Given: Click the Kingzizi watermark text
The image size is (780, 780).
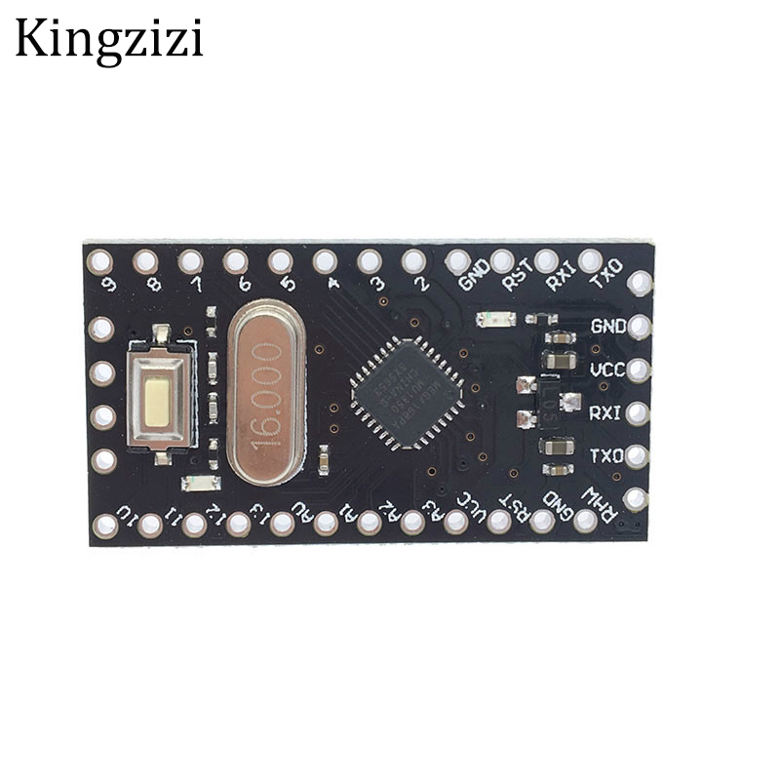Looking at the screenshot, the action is pyautogui.click(x=108, y=40).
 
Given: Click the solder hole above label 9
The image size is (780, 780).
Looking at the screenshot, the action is pyautogui.click(x=100, y=260).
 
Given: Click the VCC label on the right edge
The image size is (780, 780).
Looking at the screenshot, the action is pyautogui.click(x=606, y=369).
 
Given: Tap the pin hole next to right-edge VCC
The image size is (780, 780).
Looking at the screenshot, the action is pyautogui.click(x=639, y=370).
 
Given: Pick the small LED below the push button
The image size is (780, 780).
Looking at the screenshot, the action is pyautogui.click(x=198, y=484).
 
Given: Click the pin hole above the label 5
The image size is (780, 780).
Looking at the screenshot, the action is pyautogui.click(x=280, y=261).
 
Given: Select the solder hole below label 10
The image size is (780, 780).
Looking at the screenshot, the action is pyautogui.click(x=104, y=526).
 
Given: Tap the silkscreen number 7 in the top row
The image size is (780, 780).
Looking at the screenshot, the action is pyautogui.click(x=197, y=285).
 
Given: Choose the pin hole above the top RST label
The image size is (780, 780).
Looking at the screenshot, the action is pyautogui.click(x=502, y=260).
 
